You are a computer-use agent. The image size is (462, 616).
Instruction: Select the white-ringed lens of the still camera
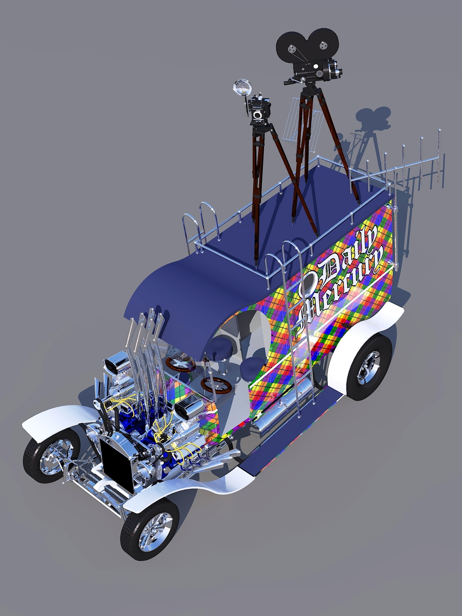tap(258, 115)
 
